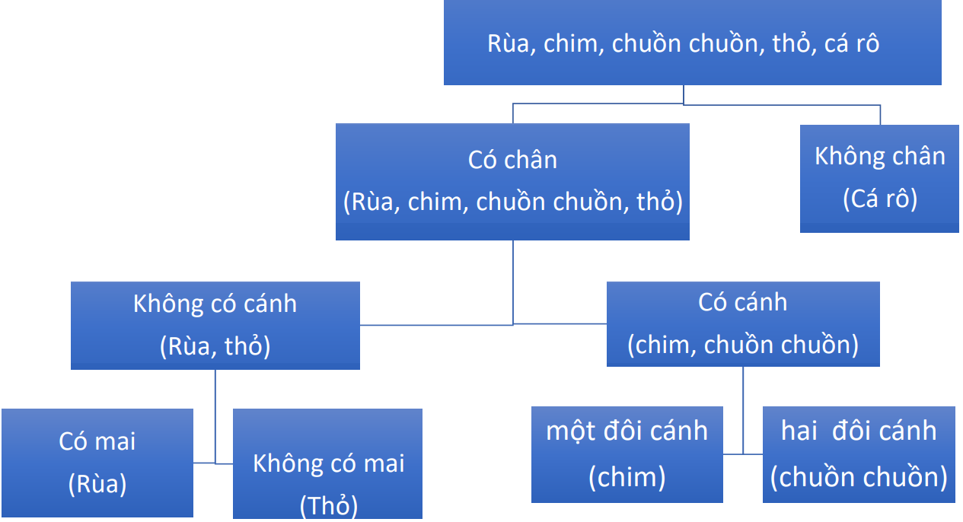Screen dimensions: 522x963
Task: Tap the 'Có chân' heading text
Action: (x=512, y=160)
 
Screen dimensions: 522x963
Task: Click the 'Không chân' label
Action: (x=879, y=156)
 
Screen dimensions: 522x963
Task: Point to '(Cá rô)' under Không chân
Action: (x=879, y=199)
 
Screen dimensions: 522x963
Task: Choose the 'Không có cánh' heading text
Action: (x=215, y=304)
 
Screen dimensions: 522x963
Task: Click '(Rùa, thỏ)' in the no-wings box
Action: (x=215, y=346)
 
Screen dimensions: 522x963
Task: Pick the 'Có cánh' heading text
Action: (x=742, y=302)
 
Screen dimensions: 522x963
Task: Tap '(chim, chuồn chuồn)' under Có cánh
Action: (x=742, y=345)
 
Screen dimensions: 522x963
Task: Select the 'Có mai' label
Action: (x=97, y=441)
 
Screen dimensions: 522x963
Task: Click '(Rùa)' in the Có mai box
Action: (x=97, y=484)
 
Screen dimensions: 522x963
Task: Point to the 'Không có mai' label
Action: (x=328, y=463)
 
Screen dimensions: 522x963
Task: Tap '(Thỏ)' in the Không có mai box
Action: (x=328, y=505)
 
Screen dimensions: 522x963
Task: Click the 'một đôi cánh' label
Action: (x=627, y=431)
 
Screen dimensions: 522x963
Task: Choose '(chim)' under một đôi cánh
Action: (x=627, y=477)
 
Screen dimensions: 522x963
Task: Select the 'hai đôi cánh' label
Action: (x=859, y=431)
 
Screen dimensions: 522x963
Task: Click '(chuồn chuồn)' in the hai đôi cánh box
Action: (x=859, y=477)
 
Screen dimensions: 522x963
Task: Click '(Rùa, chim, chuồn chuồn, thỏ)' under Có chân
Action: (x=512, y=202)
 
